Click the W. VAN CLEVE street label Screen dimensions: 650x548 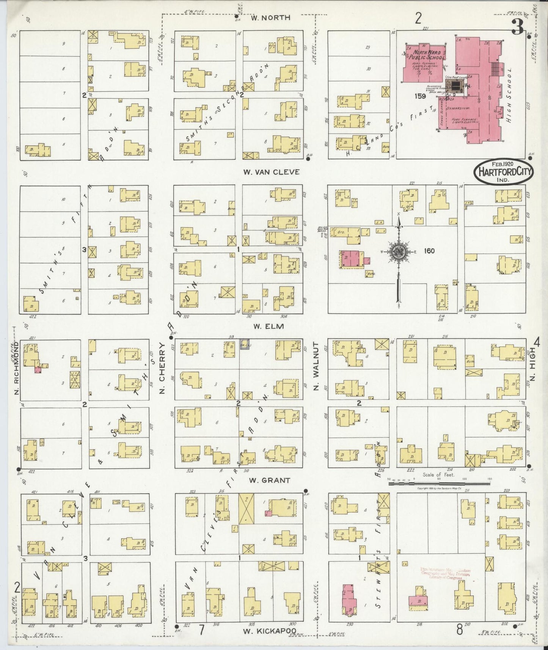point(271,172)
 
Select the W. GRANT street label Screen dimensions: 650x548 point(270,480)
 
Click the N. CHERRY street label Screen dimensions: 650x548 point(162,368)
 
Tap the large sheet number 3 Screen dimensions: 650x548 point(517,27)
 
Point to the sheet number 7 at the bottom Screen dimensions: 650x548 point(202,630)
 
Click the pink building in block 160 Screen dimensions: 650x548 point(351,259)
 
